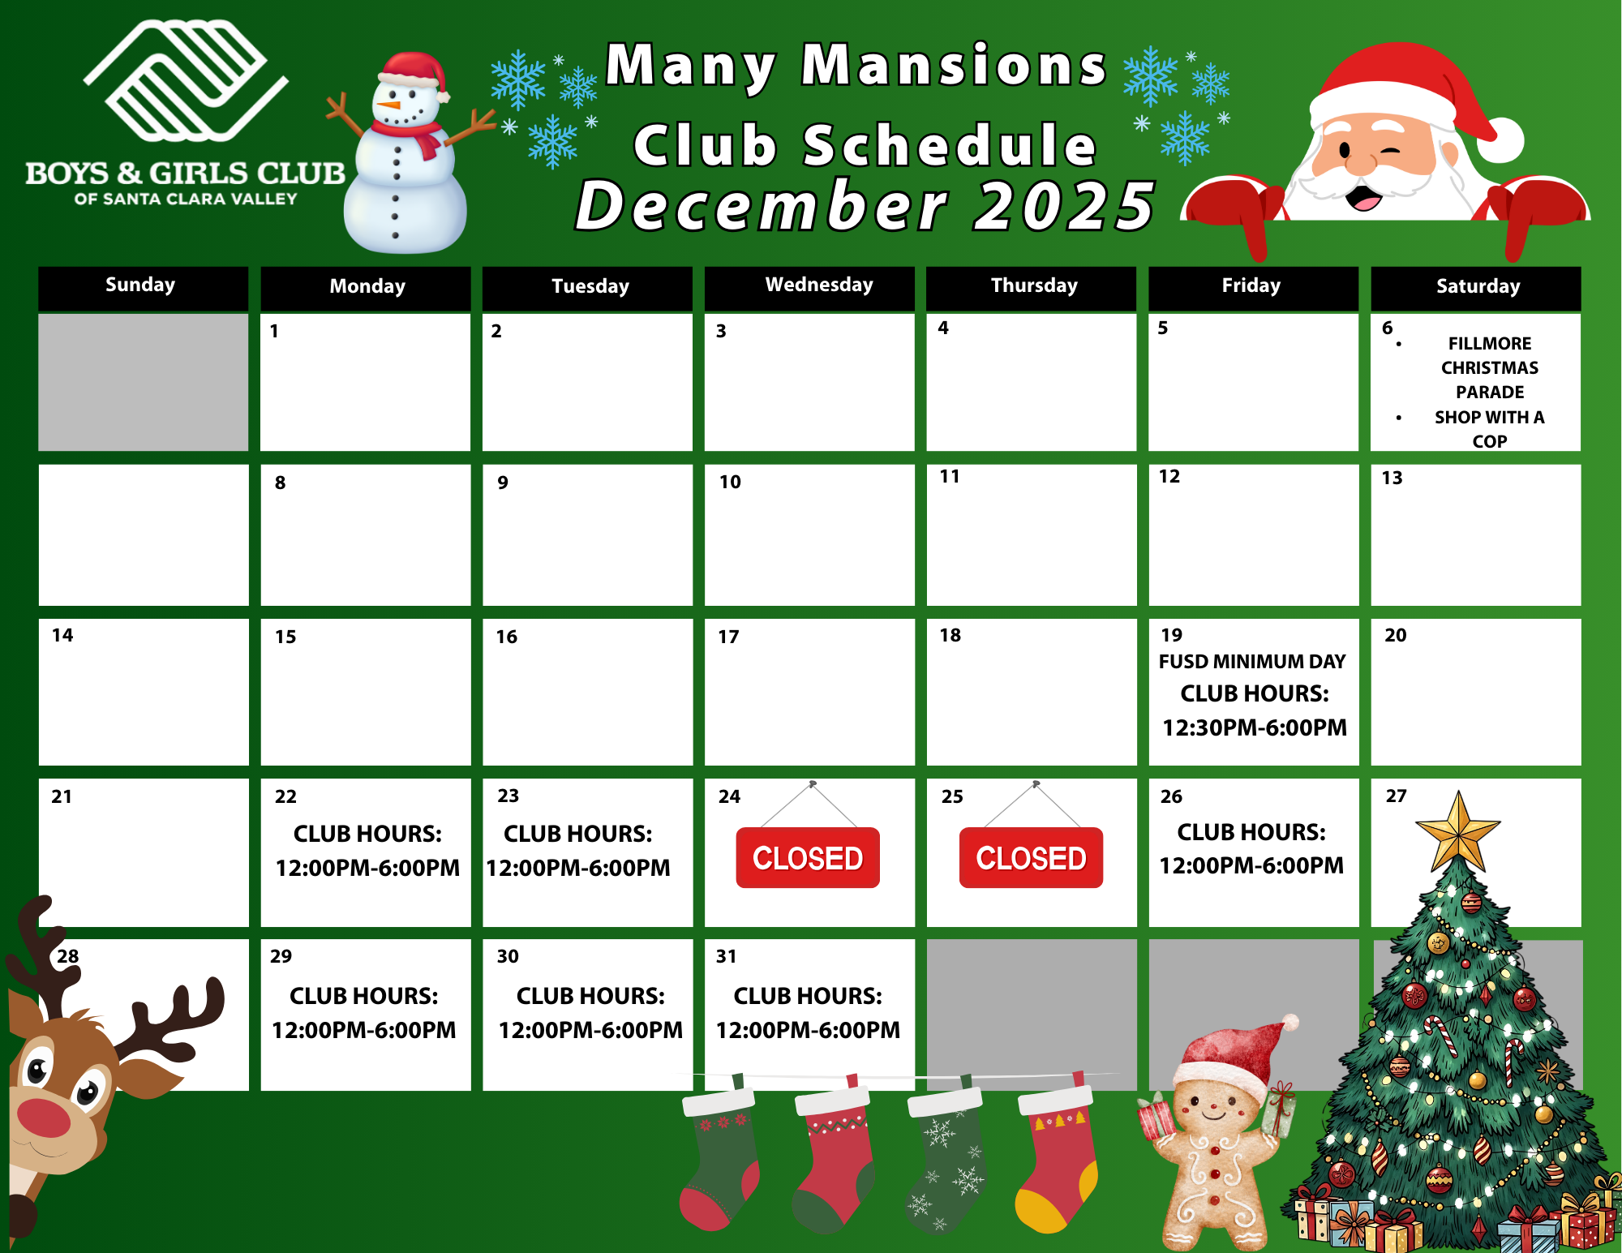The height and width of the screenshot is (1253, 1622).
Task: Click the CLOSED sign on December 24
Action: (808, 857)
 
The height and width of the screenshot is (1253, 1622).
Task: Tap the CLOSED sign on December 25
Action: (1031, 857)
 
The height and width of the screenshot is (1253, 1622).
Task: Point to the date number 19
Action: (1172, 635)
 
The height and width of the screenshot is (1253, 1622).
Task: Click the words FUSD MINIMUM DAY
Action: (1252, 662)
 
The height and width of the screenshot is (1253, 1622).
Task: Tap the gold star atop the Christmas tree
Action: (1458, 831)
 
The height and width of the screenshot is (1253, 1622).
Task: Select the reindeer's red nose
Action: (43, 1118)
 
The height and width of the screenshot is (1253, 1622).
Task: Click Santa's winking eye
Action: (1390, 151)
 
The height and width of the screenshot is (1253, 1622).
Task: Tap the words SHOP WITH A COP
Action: (1490, 429)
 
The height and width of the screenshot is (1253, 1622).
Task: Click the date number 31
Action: (726, 956)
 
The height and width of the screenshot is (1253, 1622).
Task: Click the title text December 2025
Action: (865, 206)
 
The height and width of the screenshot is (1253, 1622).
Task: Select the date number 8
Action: (280, 483)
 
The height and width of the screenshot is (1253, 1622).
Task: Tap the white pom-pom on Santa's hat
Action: (1500, 139)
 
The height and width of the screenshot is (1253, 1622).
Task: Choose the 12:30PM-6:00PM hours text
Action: (1255, 727)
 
